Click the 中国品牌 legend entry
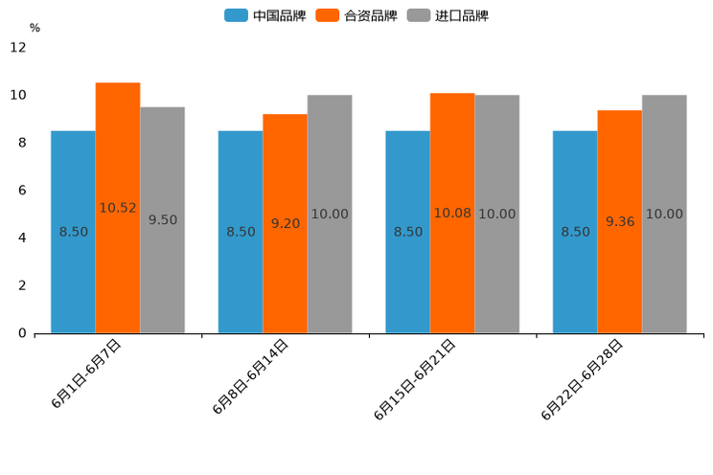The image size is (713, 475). point(265,15)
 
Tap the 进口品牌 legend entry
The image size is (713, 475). point(448,15)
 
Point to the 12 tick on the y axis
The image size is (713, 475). point(18,48)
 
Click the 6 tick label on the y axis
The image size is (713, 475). point(22,191)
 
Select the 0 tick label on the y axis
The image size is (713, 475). point(22,333)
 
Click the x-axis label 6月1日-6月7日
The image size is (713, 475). point(86,374)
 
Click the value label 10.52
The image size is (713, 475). point(118,208)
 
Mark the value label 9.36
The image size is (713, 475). point(620,221)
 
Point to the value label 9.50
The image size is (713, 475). point(163,219)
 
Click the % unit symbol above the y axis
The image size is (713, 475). point(34,28)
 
